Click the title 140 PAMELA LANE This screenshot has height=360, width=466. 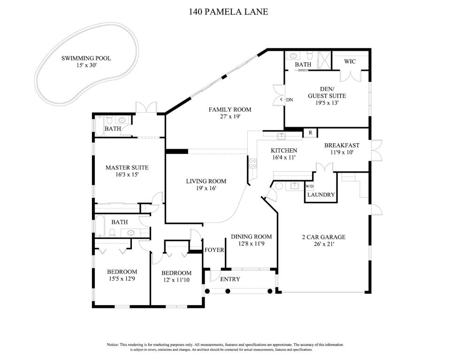click(x=228, y=12)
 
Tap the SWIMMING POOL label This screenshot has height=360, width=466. click(x=86, y=58)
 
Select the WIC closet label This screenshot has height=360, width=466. click(x=350, y=61)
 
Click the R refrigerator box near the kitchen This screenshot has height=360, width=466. click(x=310, y=132)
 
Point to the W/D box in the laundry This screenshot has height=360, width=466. click(x=309, y=186)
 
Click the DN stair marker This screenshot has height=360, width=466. click(x=290, y=100)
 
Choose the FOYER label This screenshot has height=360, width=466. click(x=214, y=250)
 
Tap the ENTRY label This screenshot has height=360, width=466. click(x=230, y=279)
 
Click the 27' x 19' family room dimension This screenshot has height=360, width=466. click(x=230, y=116)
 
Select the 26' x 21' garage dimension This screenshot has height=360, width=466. click(x=324, y=244)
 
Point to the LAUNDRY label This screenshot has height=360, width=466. click(x=321, y=195)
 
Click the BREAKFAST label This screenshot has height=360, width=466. click(x=342, y=146)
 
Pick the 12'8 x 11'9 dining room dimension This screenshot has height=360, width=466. click(x=252, y=244)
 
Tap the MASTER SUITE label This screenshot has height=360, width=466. click(x=127, y=168)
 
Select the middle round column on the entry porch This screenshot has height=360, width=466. click(x=228, y=291)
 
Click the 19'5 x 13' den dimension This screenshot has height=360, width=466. click(x=327, y=103)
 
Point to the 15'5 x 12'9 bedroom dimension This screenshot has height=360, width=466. click(x=122, y=279)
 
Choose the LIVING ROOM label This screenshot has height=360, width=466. click(x=206, y=181)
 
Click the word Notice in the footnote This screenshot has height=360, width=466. click(x=113, y=345)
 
